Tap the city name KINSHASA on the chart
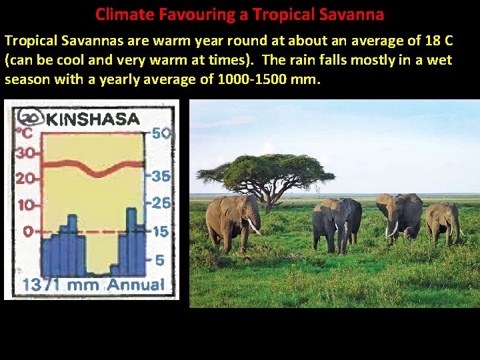pos(93,120)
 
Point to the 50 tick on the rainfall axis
pos(161,133)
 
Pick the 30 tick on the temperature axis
pos(25,153)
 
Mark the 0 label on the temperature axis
pos(28,231)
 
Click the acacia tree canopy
pos(267,171)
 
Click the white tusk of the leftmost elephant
pos(254,227)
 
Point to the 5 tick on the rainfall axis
pos(160,261)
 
